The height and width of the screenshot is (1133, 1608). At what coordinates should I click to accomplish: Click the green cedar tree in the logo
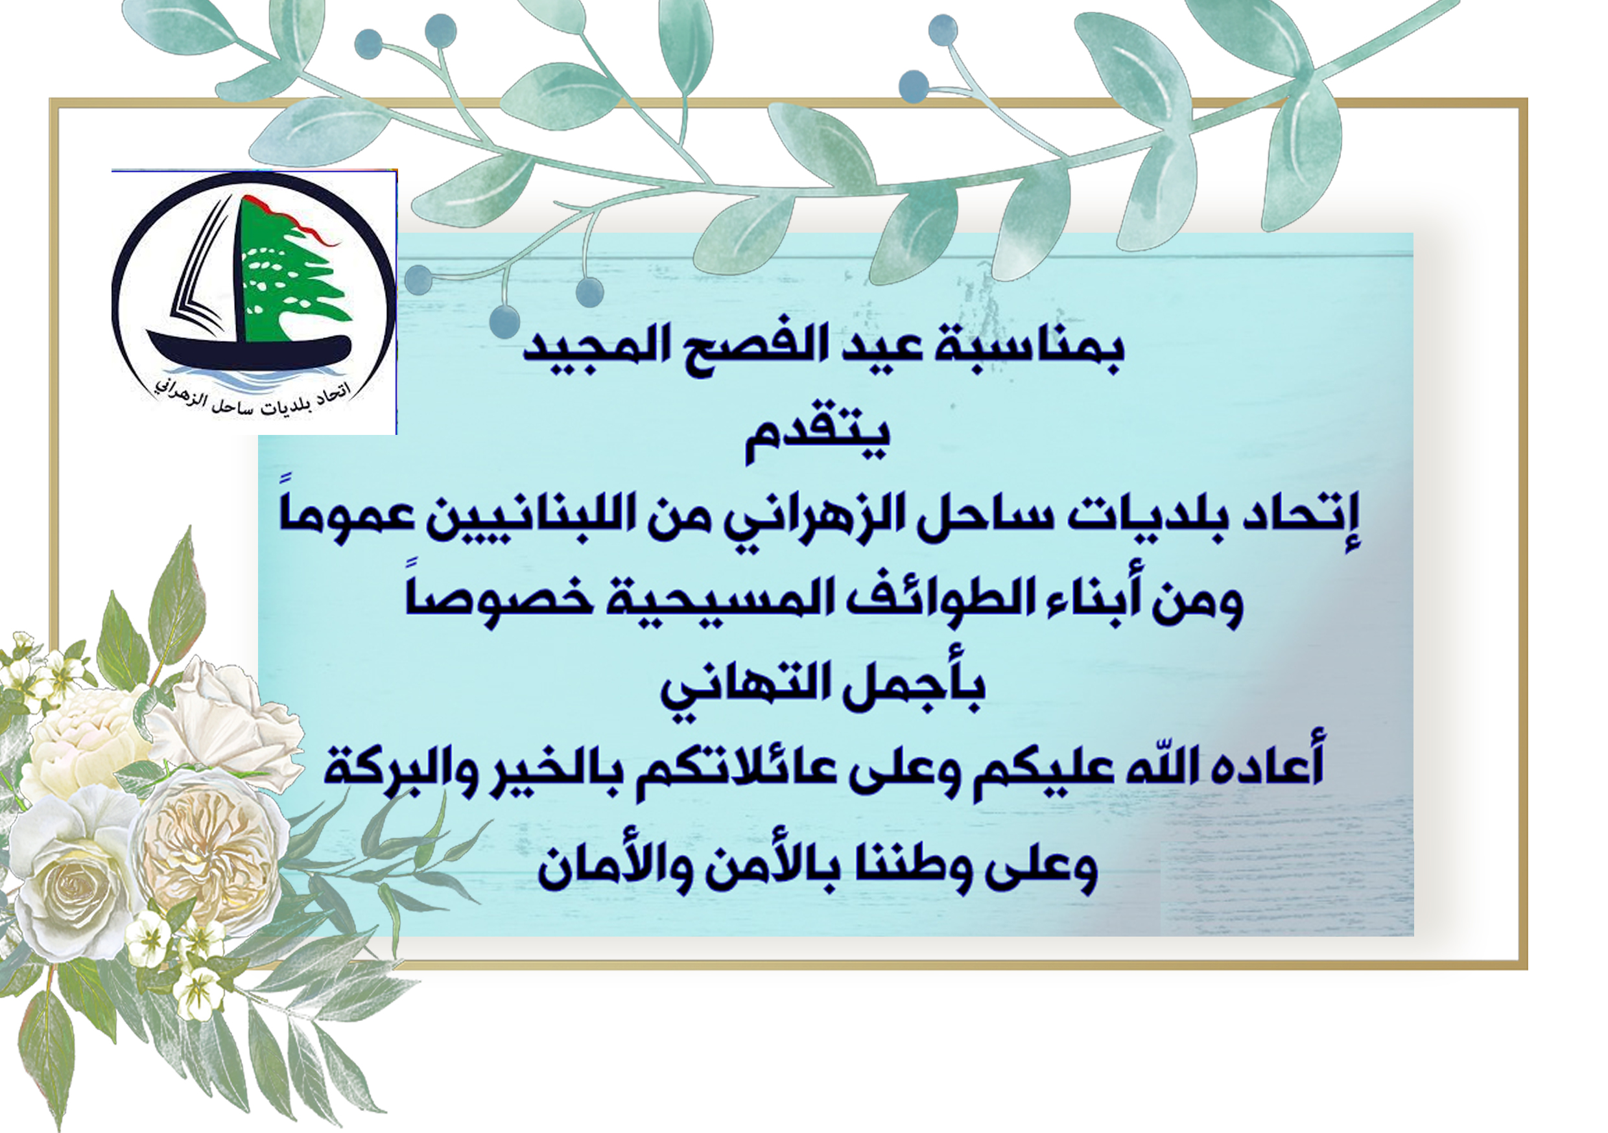[290, 273]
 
